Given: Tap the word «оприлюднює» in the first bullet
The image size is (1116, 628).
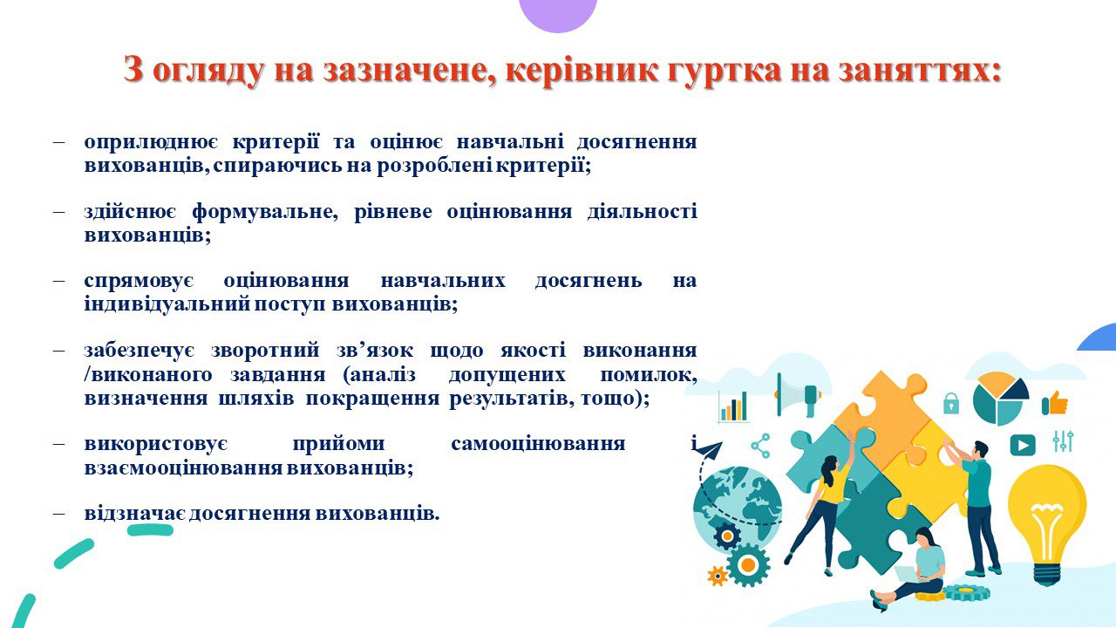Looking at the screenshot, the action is tap(152, 142).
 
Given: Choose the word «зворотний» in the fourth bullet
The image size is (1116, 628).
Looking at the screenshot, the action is tap(266, 350).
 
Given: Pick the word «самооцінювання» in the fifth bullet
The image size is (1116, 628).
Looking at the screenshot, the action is tap(538, 443).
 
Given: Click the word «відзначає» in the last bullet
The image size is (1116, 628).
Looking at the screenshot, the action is tap(134, 513).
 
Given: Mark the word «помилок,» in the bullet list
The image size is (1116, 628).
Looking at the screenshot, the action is tap(649, 375).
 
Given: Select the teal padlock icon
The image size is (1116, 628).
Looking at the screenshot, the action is tap(950, 403).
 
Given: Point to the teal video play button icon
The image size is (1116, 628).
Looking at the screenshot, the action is tap(1023, 445).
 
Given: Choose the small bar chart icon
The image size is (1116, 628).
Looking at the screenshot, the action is tap(733, 406).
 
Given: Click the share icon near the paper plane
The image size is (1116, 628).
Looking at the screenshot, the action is tap(761, 446).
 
